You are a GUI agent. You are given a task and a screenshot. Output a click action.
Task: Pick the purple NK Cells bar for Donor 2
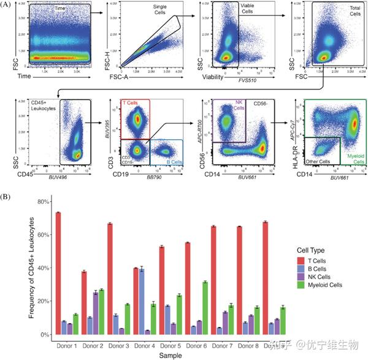pyautogui.click(x=96, y=313)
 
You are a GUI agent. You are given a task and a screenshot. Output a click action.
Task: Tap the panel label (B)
pyautogui.click(x=9, y=197)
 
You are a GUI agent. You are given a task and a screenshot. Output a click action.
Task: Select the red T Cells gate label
pyautogui.click(x=131, y=103)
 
